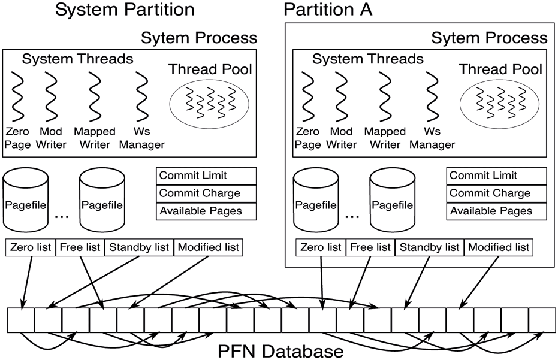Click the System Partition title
point(125,10)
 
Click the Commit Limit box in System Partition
point(206,176)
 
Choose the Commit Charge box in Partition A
point(497,193)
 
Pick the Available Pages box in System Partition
point(206,211)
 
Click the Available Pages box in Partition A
point(497,211)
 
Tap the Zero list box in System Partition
point(31,247)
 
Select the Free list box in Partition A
point(370,247)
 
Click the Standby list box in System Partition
point(139,247)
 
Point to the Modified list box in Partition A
point(498,247)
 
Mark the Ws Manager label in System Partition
point(141,137)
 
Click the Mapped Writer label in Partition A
point(385,137)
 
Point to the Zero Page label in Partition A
point(307,137)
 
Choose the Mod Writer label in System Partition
point(51,137)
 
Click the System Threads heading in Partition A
point(368,59)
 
